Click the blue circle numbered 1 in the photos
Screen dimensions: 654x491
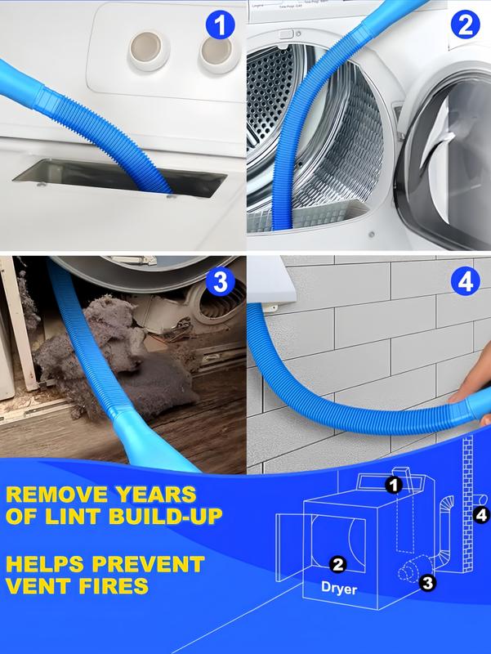218,26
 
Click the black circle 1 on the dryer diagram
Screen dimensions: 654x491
394,486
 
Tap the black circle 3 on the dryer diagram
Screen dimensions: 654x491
426,582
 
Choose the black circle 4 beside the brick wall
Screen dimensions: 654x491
480,515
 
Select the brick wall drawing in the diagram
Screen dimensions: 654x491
468,507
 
